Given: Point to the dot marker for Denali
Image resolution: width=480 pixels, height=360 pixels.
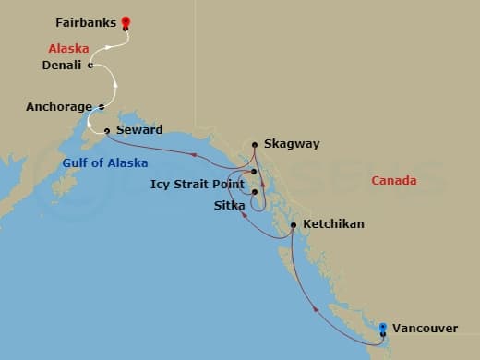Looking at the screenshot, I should (x=90, y=65).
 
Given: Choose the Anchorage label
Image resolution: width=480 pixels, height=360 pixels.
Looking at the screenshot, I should (x=59, y=107).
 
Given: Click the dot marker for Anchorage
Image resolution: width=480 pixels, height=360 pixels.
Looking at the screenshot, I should (x=101, y=107).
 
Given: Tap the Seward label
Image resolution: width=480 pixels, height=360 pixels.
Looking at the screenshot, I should (x=139, y=130).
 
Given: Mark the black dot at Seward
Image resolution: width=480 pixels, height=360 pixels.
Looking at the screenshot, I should (x=107, y=130).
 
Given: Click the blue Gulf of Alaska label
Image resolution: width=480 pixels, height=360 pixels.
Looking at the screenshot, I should (x=101, y=162).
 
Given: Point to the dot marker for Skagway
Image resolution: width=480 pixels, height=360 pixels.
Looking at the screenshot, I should (x=255, y=144).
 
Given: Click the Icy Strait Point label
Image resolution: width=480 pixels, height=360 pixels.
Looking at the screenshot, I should (x=197, y=185).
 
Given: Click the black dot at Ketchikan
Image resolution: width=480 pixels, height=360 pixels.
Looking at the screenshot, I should (x=293, y=225).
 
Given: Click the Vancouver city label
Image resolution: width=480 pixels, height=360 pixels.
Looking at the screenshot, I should (x=424, y=328).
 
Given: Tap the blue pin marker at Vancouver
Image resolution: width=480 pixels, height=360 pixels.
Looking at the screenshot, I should (x=383, y=327).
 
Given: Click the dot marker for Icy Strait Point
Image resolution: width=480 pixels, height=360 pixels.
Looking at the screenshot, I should (x=255, y=173).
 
